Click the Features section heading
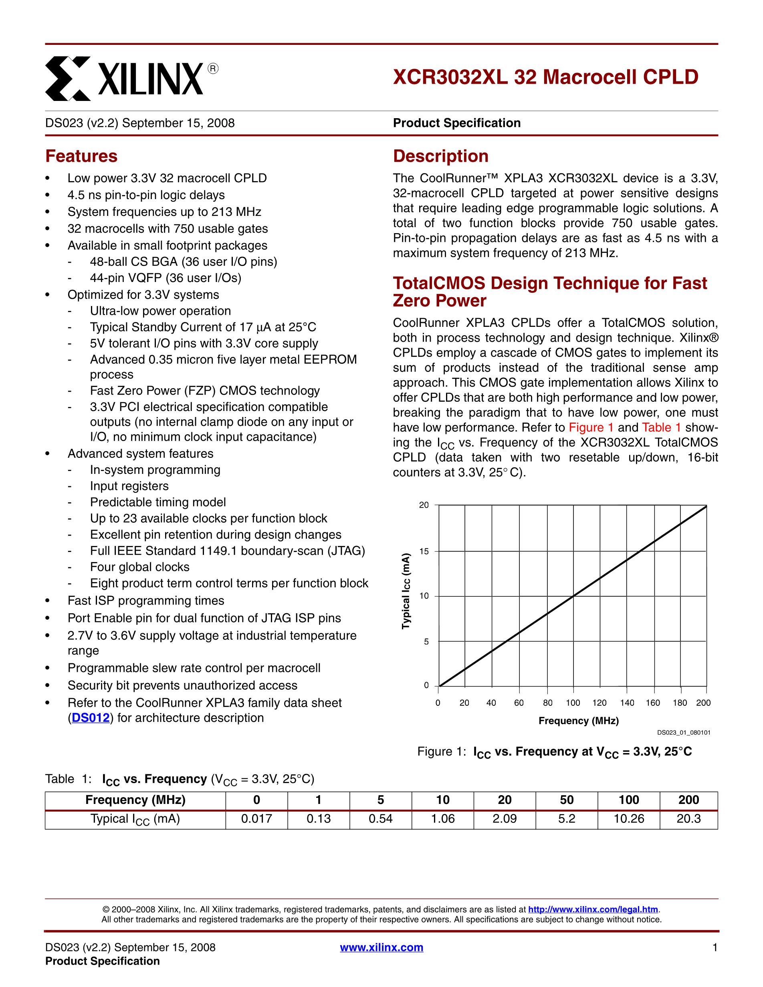click(81, 156)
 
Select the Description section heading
click(441, 156)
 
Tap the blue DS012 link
click(91, 718)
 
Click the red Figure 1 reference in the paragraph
click(591, 427)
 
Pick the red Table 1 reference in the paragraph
click(661, 427)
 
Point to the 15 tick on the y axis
click(424, 551)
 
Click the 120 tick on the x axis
click(599, 703)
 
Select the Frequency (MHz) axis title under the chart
click(579, 721)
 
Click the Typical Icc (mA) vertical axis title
click(406, 591)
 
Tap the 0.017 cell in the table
click(256, 819)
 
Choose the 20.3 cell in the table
click(688, 819)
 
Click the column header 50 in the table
click(566, 800)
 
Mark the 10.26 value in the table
click(628, 819)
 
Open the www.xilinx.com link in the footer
click(381, 947)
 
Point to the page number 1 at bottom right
click(715, 947)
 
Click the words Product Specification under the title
click(456, 123)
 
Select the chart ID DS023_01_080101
click(683, 733)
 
